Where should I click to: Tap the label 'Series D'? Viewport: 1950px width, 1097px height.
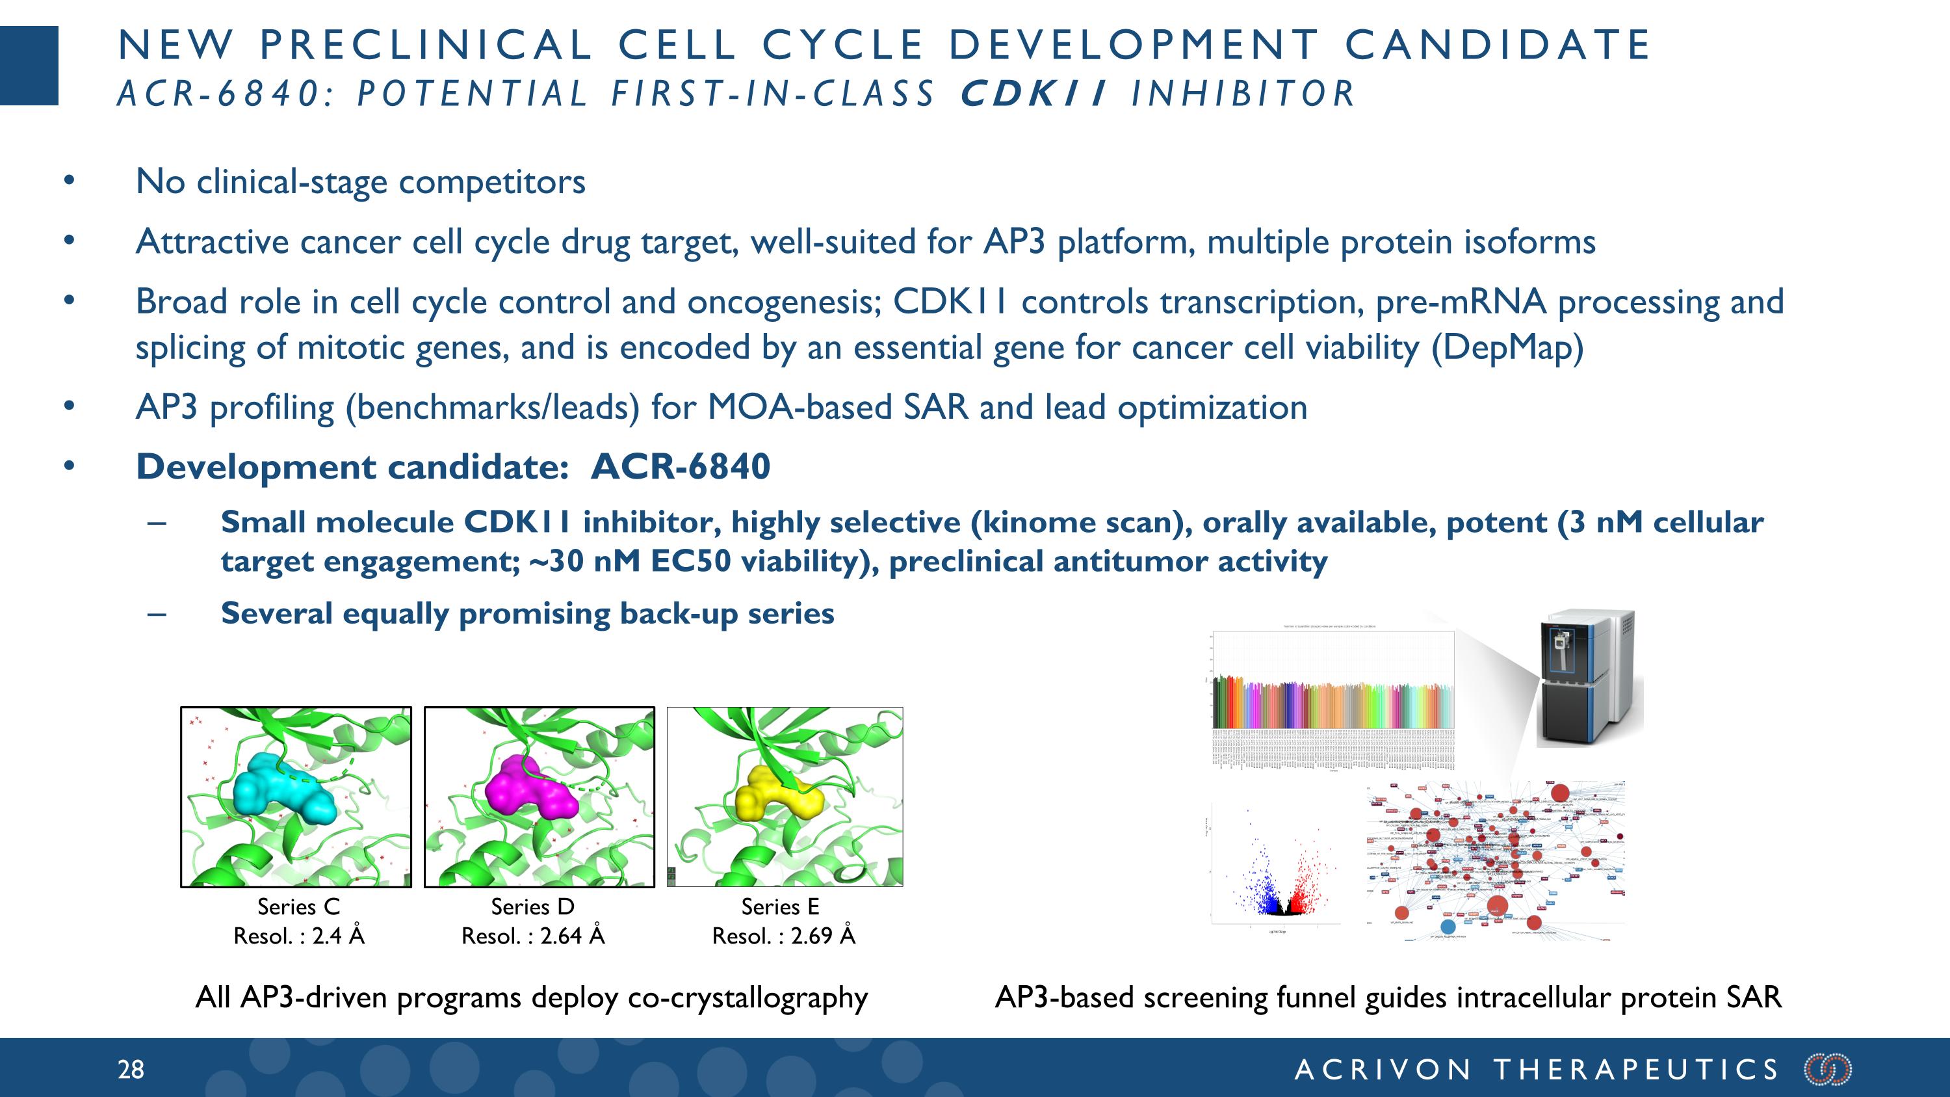pyautogui.click(x=532, y=906)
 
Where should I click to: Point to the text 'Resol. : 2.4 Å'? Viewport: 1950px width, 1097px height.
pyautogui.click(x=298, y=936)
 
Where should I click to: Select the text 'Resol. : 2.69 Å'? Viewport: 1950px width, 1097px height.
pyautogui.click(x=783, y=936)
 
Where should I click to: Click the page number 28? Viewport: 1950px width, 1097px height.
pyautogui.click(x=130, y=1070)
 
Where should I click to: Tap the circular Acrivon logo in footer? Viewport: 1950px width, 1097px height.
pyautogui.click(x=1828, y=1070)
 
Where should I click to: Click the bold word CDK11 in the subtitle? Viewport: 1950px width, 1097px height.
pyautogui.click(x=1033, y=94)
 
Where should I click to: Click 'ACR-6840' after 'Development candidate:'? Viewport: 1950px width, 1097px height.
pyautogui.click(x=680, y=466)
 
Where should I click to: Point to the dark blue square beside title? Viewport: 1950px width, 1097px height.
pyautogui.click(x=29, y=65)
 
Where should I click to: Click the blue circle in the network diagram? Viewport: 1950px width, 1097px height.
pyautogui.click(x=1448, y=926)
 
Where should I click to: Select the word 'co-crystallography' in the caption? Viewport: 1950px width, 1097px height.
pyautogui.click(x=748, y=998)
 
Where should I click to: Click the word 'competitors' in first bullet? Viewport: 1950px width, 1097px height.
pyautogui.click(x=492, y=181)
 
